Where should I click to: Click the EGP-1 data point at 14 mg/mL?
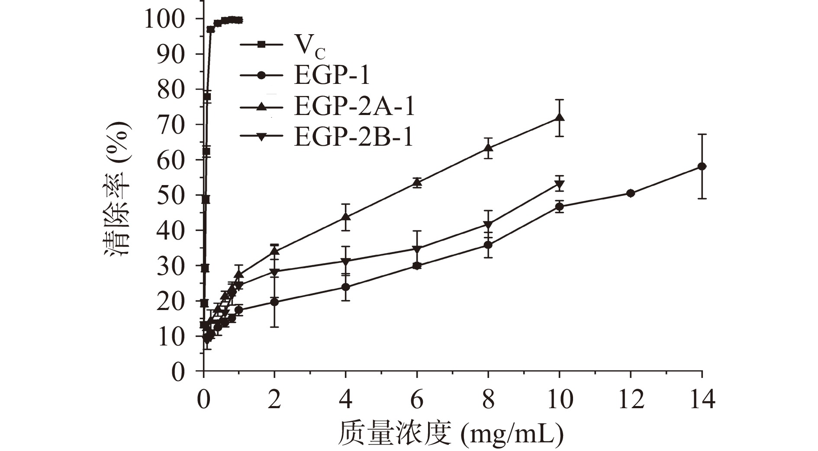pos(702,166)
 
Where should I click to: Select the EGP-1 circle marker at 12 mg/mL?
pos(631,193)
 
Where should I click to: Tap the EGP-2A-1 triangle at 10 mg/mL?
pos(559,118)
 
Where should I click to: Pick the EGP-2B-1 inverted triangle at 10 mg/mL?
pos(559,185)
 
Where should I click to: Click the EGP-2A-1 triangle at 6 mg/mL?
pos(417,182)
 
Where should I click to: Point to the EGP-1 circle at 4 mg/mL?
pos(346,287)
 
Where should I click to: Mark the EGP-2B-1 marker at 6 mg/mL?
pos(417,249)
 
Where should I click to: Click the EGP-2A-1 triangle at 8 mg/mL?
pos(488,148)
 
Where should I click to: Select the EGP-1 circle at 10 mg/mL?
pos(559,207)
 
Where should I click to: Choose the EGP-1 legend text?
pos(332,76)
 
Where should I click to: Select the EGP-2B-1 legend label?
pos(354,137)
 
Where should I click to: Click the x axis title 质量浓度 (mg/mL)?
pos(451,433)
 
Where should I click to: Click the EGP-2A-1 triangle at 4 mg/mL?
pos(346,216)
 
